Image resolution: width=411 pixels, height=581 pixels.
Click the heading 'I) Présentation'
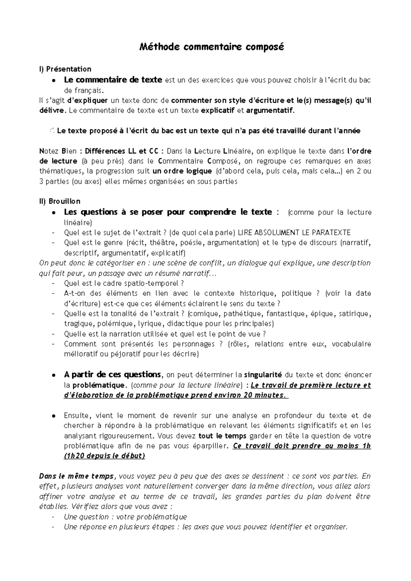click(x=65, y=69)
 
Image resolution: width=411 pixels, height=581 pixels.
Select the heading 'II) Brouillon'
click(x=60, y=201)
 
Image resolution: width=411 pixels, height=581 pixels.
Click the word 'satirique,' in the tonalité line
click(x=355, y=313)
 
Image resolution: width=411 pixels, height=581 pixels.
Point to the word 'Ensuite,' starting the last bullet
click(x=77, y=416)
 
